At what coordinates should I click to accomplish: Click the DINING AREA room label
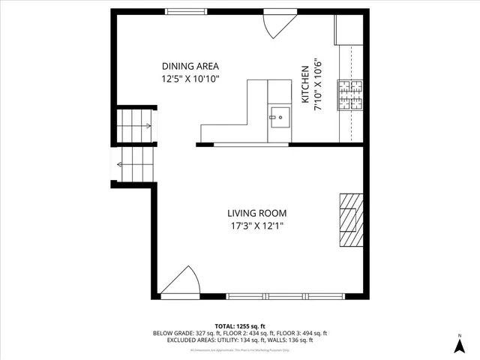click(x=190, y=65)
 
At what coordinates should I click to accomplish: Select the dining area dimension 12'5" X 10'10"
click(x=190, y=78)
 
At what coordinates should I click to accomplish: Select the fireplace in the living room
click(x=351, y=219)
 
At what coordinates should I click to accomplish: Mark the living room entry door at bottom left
click(x=180, y=283)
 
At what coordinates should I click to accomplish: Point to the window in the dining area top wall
click(x=187, y=11)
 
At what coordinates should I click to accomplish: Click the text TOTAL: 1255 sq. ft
click(x=240, y=326)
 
